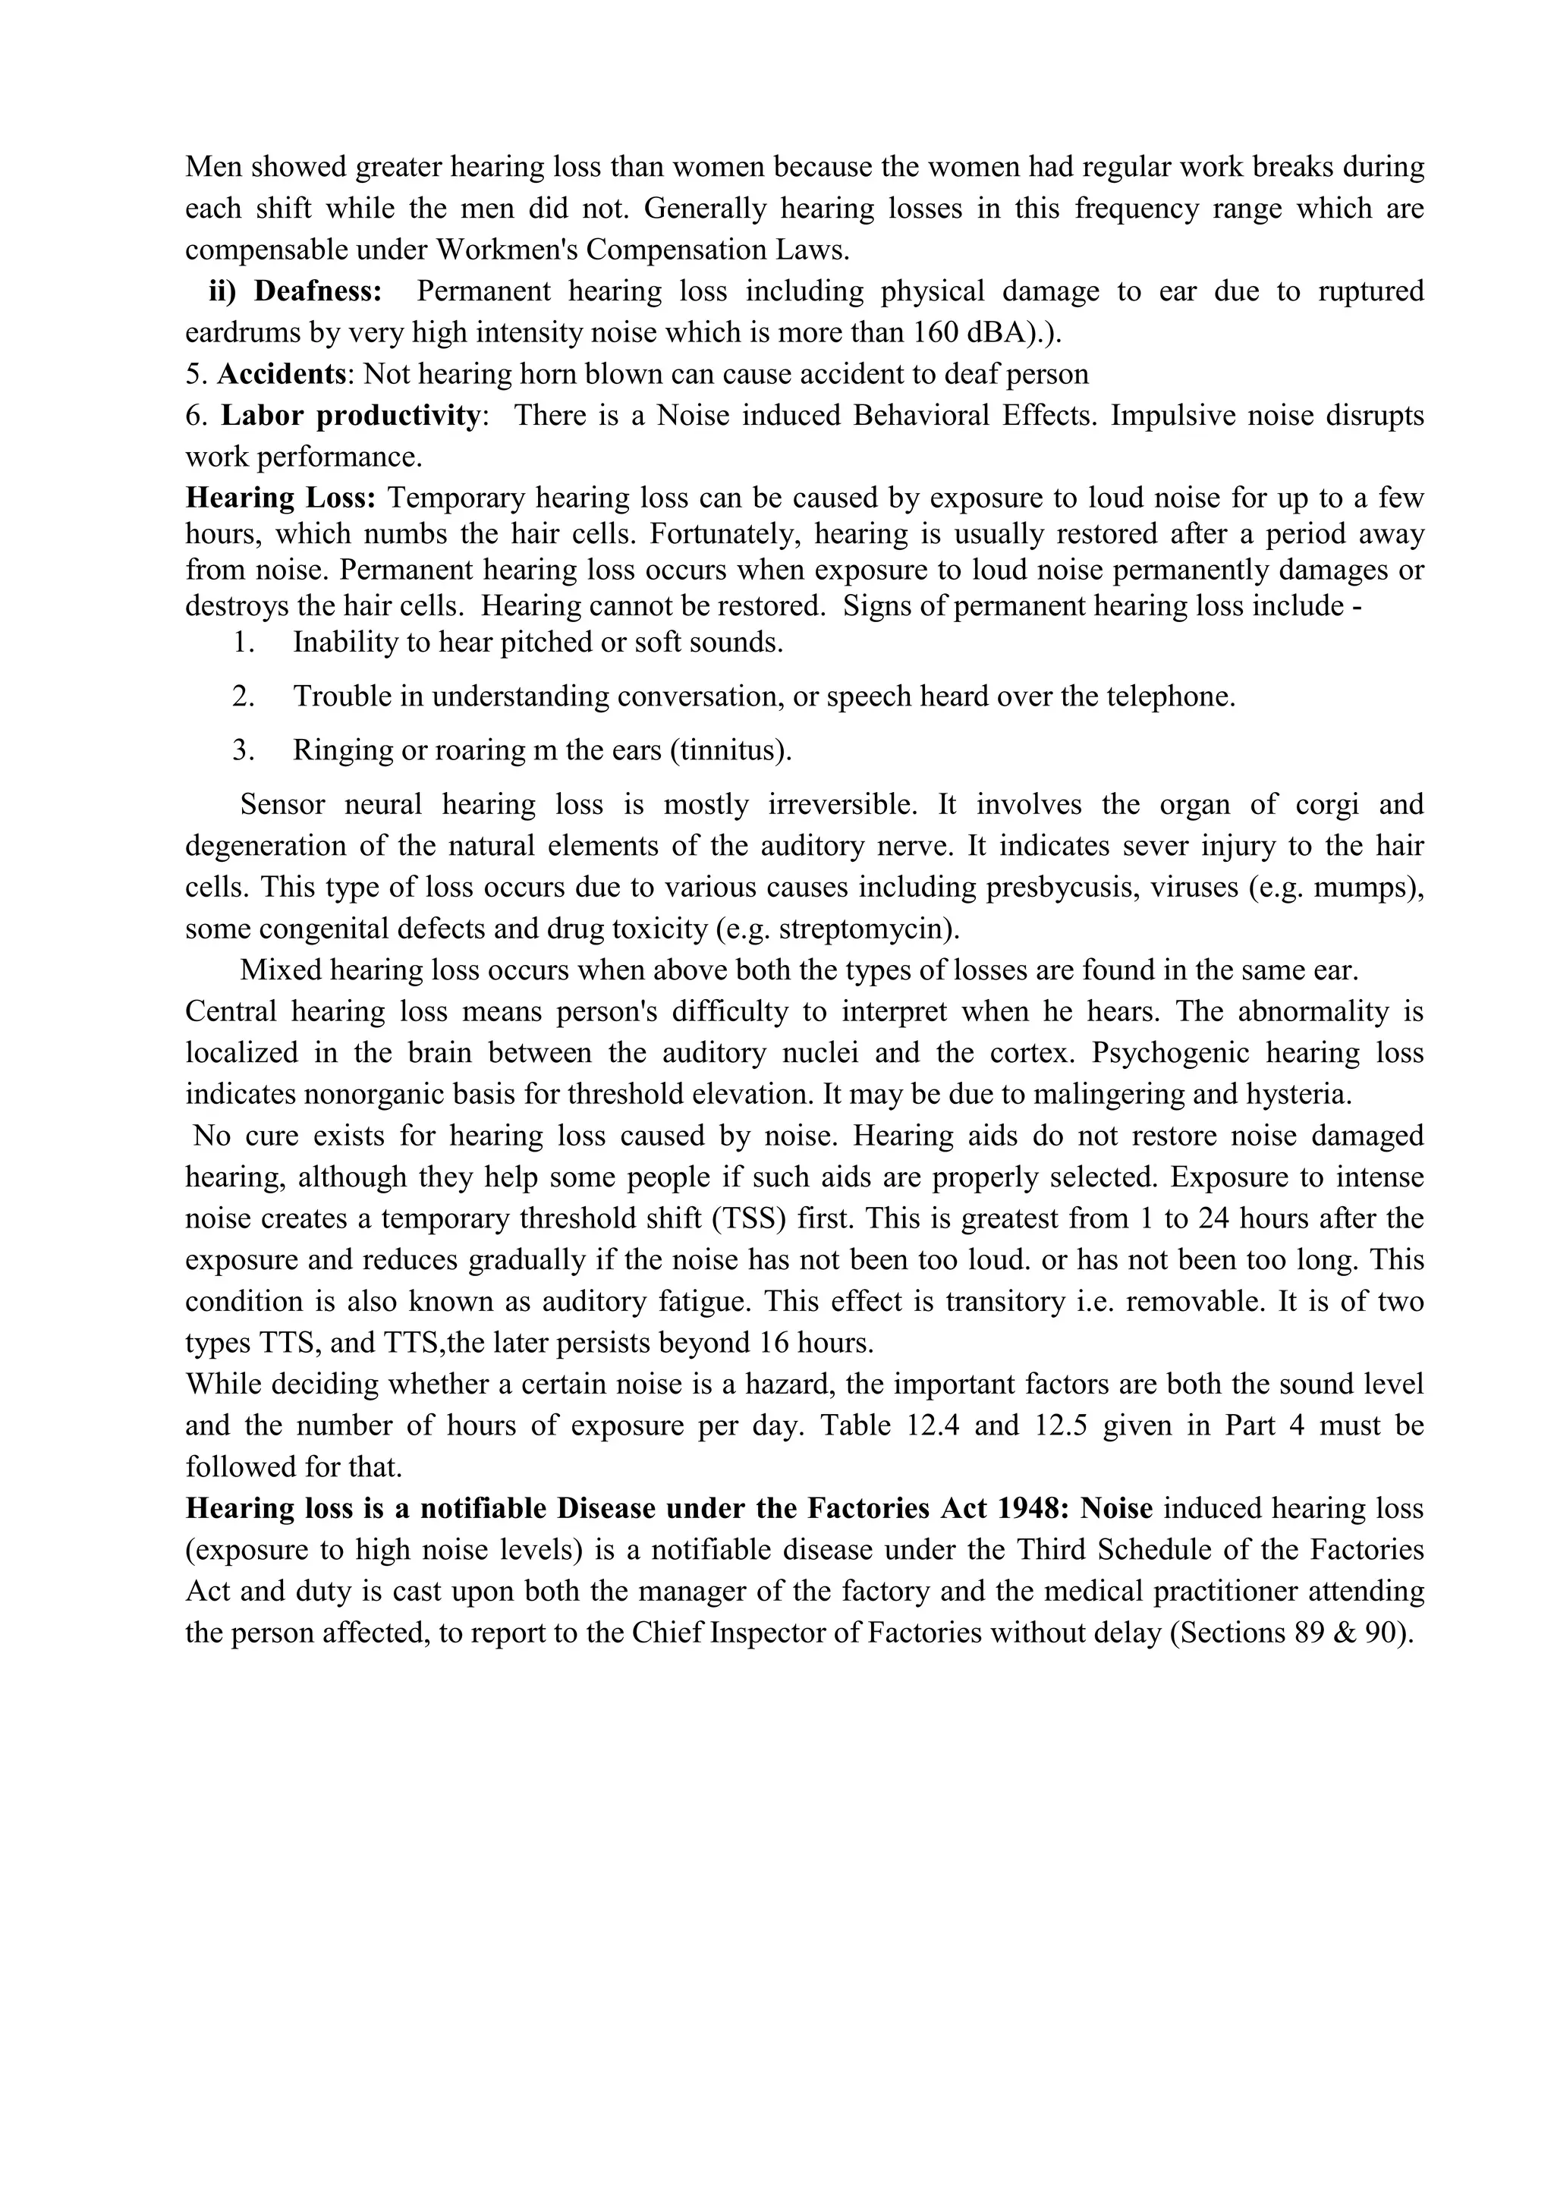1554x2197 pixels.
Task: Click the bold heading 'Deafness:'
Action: click(318, 291)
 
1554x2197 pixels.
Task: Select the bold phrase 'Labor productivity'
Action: click(351, 415)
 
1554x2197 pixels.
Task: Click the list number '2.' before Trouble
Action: click(243, 696)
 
